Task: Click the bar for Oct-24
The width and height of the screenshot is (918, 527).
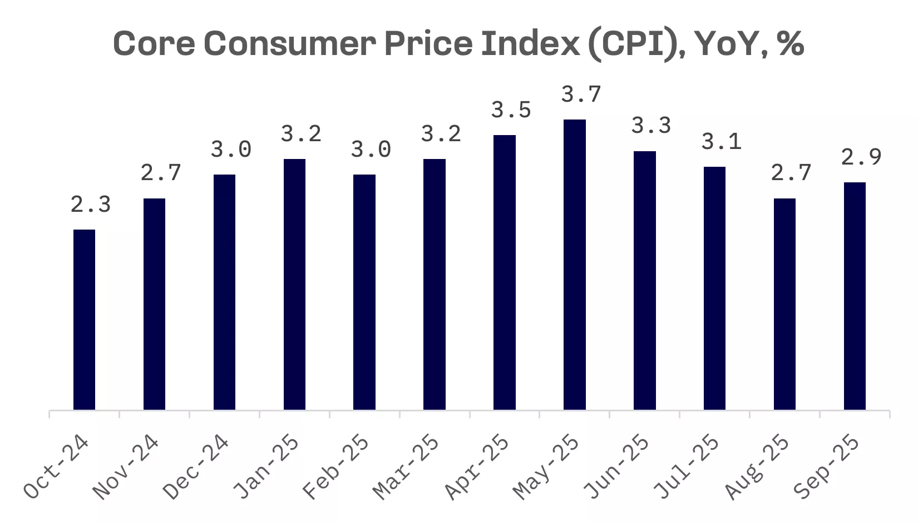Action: coord(84,320)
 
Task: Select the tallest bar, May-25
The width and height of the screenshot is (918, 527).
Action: coord(574,265)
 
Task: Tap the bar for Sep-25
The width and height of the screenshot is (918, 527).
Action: coord(855,296)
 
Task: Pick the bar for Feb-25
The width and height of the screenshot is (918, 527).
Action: coord(364,292)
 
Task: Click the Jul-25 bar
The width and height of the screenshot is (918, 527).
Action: coord(714,288)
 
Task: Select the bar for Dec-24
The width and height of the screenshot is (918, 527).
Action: coord(224,292)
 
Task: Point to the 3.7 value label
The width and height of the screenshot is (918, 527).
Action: coord(581,95)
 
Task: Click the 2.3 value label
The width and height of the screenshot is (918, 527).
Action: coord(91,205)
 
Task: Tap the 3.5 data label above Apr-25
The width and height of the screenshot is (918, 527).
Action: coord(511,110)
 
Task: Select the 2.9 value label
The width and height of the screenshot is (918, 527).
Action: coord(861,157)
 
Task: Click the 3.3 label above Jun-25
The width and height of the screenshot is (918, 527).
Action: coord(652,126)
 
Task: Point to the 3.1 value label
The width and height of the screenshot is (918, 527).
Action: coord(722,142)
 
